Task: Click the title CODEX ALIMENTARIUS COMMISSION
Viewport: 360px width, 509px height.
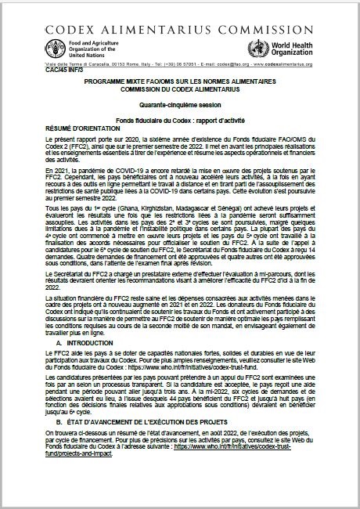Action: point(179,13)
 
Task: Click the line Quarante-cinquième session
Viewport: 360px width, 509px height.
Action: point(179,103)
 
